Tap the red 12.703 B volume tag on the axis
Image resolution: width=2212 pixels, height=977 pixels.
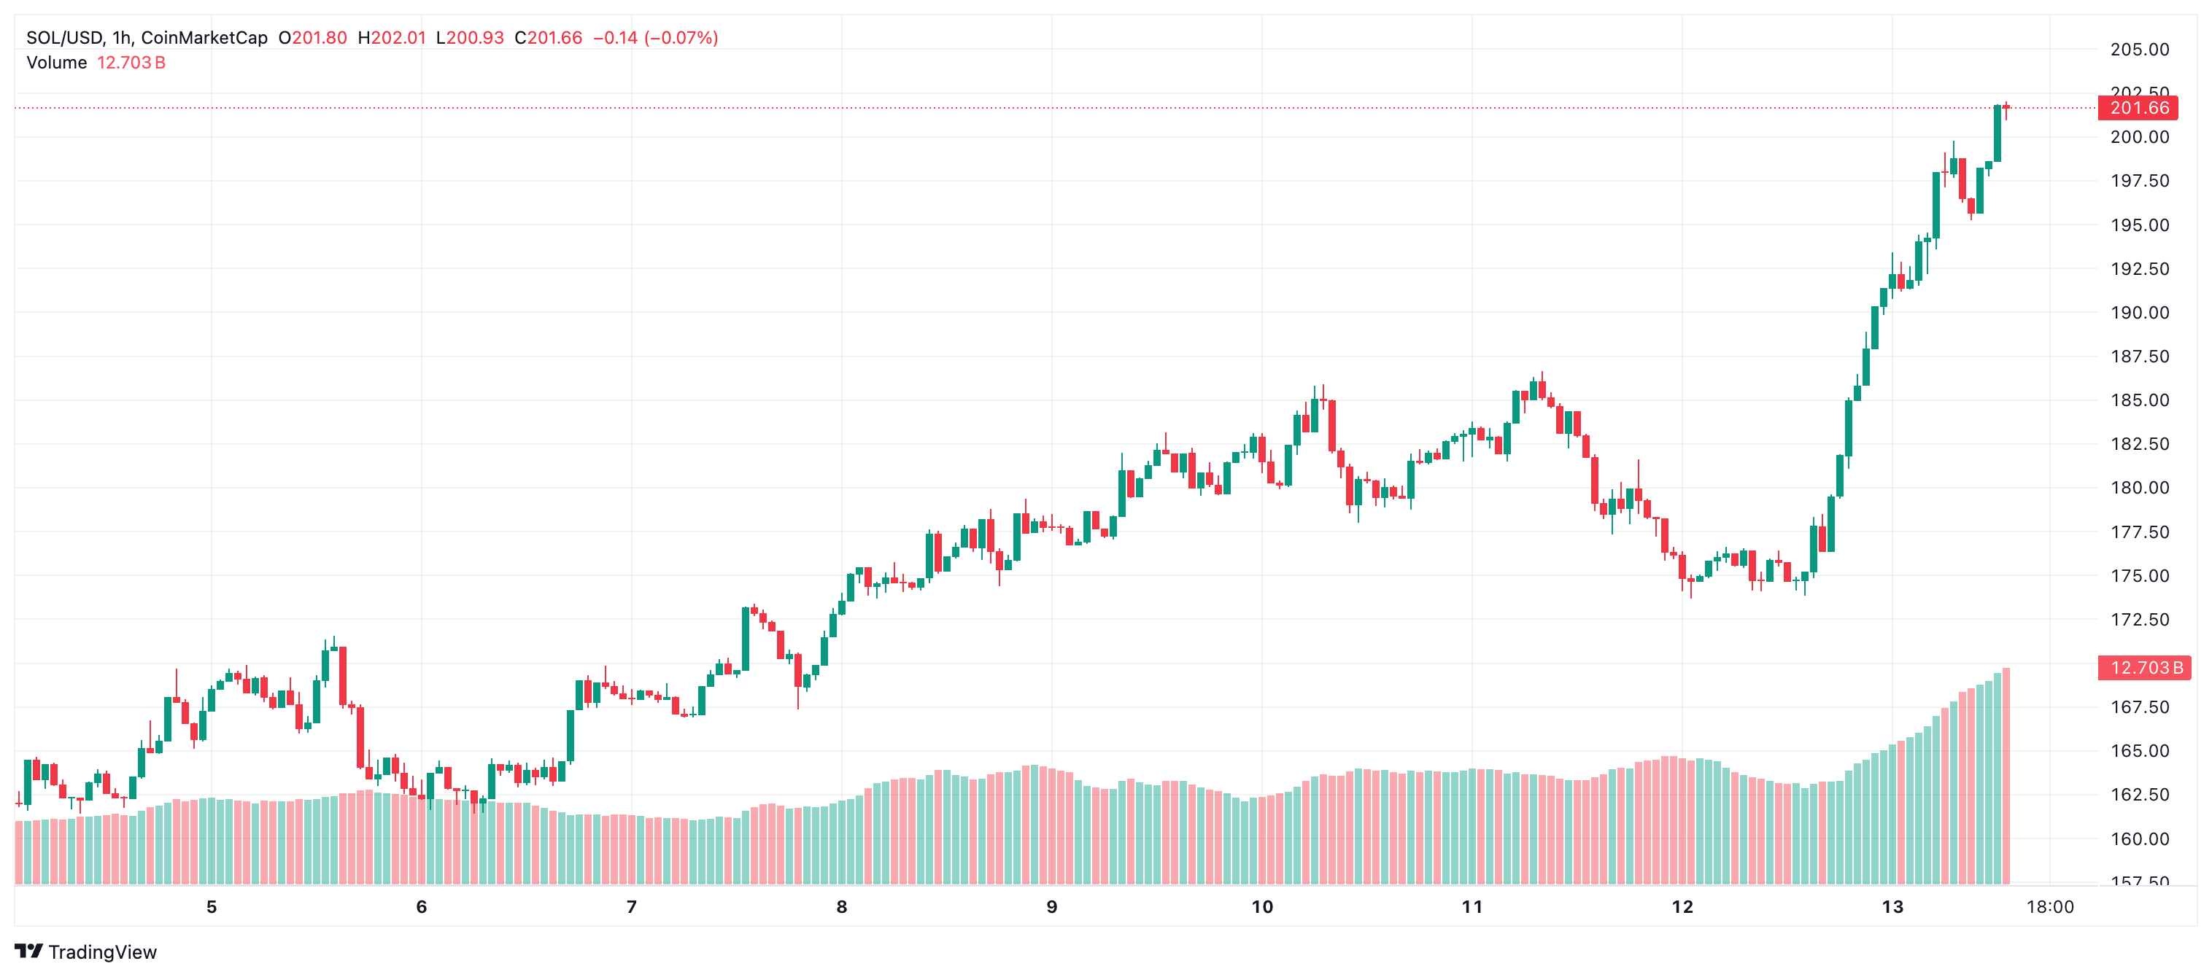tap(2144, 668)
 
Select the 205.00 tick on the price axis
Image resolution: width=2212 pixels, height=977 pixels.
tap(2139, 50)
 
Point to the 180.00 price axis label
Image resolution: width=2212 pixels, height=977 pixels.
tap(2139, 488)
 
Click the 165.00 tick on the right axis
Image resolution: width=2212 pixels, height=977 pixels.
tap(2139, 750)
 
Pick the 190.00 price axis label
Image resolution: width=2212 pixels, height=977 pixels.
tap(2139, 313)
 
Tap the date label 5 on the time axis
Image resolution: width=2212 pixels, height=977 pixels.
tap(212, 906)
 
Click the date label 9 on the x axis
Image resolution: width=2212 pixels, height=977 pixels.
tap(1052, 906)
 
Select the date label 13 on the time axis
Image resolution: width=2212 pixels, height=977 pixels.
tap(1892, 906)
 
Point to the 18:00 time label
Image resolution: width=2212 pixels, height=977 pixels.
tap(2050, 906)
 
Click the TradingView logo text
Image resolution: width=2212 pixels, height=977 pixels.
tap(102, 952)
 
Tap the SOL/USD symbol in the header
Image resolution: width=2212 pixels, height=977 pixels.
tap(64, 38)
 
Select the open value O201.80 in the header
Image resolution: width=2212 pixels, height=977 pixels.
tap(312, 38)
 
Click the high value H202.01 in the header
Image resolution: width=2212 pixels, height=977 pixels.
tap(392, 38)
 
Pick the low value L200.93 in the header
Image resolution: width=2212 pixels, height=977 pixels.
tap(470, 38)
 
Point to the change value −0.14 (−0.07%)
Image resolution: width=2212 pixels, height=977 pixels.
tap(655, 38)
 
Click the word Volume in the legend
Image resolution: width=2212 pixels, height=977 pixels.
tap(57, 63)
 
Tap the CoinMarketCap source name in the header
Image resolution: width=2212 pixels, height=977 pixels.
tap(204, 38)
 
